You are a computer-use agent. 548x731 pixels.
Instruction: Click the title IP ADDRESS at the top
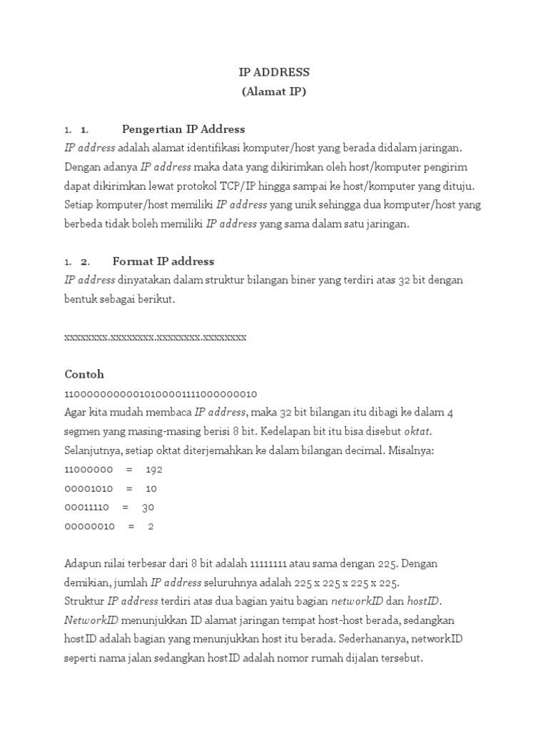274,72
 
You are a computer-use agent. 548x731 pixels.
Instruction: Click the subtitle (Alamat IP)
274,91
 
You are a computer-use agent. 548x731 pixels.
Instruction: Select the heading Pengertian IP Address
183,129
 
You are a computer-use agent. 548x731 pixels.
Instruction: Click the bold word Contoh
84,374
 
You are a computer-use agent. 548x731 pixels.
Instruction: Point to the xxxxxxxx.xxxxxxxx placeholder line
156,337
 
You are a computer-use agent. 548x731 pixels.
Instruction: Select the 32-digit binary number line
161,393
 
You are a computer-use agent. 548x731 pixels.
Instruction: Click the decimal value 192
154,470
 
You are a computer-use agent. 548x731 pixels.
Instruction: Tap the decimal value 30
148,508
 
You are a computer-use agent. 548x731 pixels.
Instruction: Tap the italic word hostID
412,602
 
